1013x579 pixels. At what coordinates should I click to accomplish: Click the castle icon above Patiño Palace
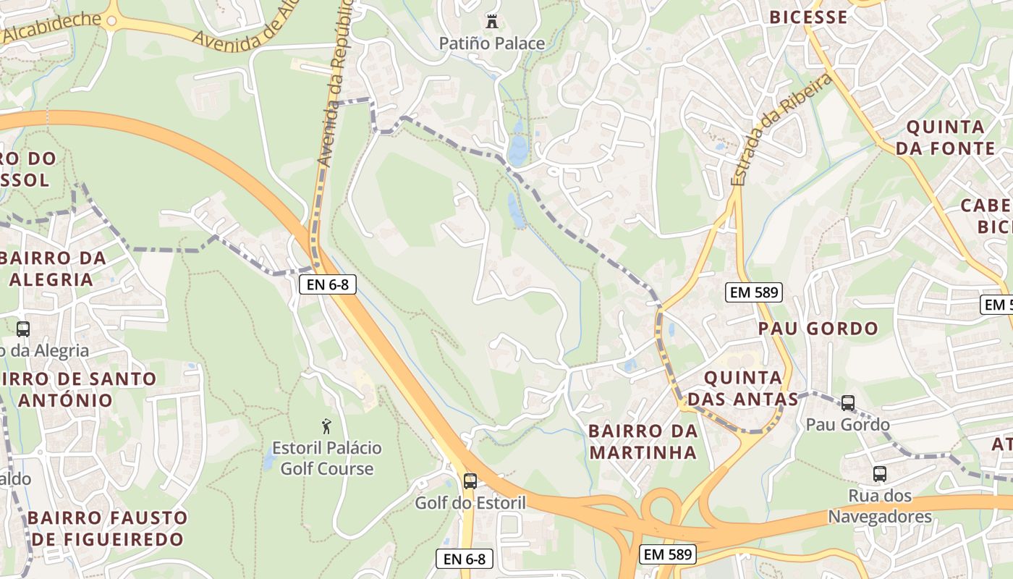point(492,22)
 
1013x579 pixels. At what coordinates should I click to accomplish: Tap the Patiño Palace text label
point(492,43)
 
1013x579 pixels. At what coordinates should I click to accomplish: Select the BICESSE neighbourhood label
point(808,17)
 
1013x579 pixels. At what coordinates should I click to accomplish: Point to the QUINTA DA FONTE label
point(945,138)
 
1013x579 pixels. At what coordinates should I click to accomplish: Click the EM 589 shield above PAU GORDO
point(754,292)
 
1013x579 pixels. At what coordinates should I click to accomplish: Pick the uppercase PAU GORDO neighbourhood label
point(818,329)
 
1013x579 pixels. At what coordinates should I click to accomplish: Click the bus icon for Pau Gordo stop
point(847,403)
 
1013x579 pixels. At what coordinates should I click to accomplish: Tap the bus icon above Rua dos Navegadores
point(879,474)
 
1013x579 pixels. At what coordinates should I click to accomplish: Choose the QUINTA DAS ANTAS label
point(743,389)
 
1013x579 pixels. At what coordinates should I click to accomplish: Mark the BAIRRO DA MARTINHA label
point(643,441)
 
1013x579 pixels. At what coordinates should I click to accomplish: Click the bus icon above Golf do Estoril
point(470,481)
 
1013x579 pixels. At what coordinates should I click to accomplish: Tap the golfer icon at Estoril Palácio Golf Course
point(326,426)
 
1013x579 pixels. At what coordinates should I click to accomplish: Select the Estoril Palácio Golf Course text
point(327,458)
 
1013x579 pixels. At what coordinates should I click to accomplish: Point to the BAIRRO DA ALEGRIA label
point(54,269)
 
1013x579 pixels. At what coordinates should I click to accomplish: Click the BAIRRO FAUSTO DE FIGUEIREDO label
point(107,528)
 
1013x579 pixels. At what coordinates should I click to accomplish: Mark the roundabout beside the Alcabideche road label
point(111,21)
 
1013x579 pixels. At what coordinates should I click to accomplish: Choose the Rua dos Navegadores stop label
point(880,507)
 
